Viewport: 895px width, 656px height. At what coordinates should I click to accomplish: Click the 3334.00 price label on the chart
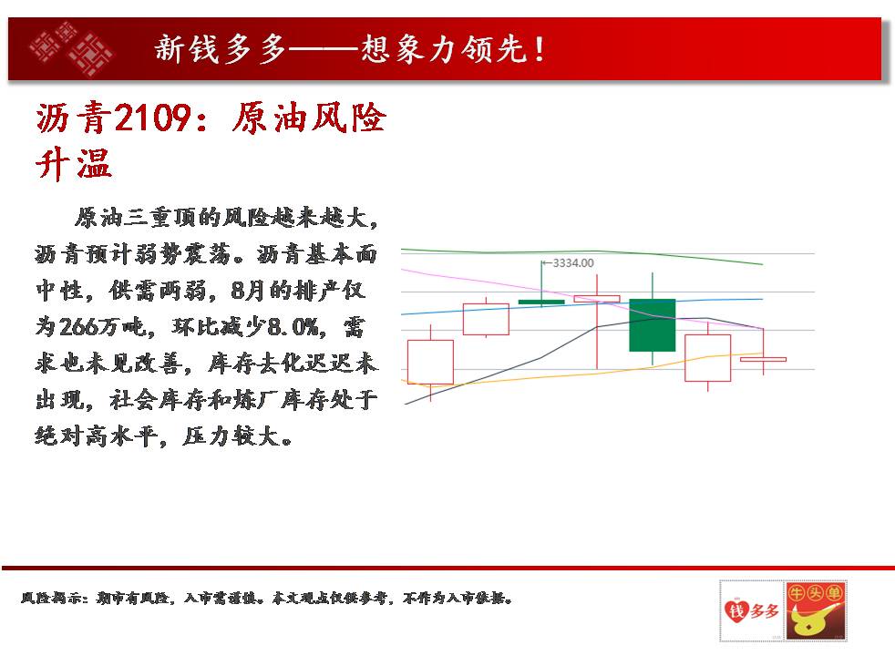[x=573, y=263]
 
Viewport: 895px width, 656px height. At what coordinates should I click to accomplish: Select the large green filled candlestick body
[x=653, y=325]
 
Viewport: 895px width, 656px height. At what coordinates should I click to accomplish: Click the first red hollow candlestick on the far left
[x=430, y=362]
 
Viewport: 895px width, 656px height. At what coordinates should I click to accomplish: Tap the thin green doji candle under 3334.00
[x=541, y=302]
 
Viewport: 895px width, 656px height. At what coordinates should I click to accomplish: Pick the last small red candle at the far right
[x=763, y=359]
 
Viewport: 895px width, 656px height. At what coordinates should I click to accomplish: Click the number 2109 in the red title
[x=152, y=118]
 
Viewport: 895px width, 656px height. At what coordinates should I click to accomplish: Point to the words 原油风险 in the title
[x=309, y=118]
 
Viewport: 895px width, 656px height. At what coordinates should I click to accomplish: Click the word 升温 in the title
[x=74, y=163]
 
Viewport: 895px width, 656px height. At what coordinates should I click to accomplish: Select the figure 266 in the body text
[x=78, y=327]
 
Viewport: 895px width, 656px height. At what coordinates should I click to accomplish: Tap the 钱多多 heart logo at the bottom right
[x=751, y=611]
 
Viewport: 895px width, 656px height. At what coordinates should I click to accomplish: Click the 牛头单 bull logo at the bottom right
[x=815, y=611]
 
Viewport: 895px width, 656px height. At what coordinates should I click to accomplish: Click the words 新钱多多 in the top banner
[x=221, y=48]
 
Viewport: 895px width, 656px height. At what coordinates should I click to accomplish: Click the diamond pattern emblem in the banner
[x=71, y=48]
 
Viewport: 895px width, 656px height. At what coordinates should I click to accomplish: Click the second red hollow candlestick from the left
[x=486, y=320]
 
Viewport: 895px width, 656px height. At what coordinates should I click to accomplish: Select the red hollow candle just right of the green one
[x=708, y=358]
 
